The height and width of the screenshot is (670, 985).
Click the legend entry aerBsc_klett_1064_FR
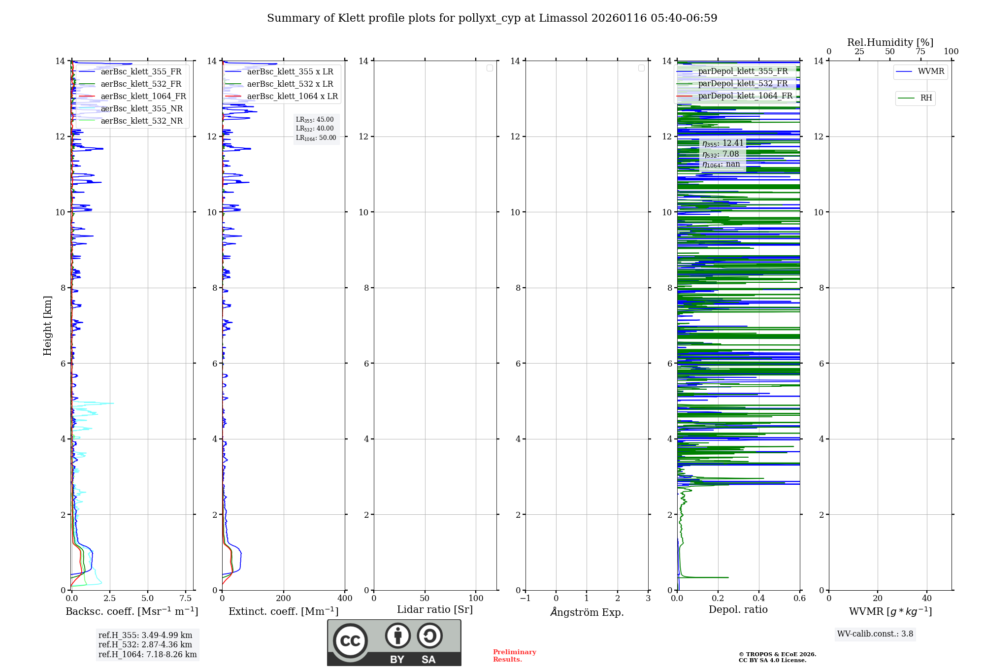[x=143, y=97]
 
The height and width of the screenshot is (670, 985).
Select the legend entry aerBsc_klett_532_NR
[x=141, y=121]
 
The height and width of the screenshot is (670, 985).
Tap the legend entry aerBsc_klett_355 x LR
[x=290, y=72]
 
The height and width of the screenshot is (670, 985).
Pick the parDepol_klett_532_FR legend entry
[x=743, y=84]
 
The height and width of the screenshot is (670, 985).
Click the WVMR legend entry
[x=931, y=71]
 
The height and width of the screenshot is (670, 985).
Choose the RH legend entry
[x=926, y=98]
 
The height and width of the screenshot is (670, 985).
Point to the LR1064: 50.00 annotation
[x=316, y=138]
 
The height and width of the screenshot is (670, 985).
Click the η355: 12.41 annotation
[x=723, y=143]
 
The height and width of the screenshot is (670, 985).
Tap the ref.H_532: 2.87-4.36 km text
[x=145, y=645]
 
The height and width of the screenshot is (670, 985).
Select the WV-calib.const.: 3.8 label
[x=875, y=634]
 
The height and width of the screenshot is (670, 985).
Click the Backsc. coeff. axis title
[x=132, y=611]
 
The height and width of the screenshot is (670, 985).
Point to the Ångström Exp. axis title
[x=587, y=612]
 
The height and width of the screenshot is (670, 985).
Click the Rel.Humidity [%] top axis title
[x=890, y=42]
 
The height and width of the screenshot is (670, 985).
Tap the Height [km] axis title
[x=47, y=326]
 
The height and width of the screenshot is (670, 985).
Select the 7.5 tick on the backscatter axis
[x=186, y=599]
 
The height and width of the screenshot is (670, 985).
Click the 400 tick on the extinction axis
[x=345, y=599]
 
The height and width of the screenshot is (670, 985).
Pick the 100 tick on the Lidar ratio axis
[x=476, y=599]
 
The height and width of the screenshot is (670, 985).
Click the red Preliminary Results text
[x=514, y=656]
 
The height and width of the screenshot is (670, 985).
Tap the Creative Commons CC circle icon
[x=350, y=641]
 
